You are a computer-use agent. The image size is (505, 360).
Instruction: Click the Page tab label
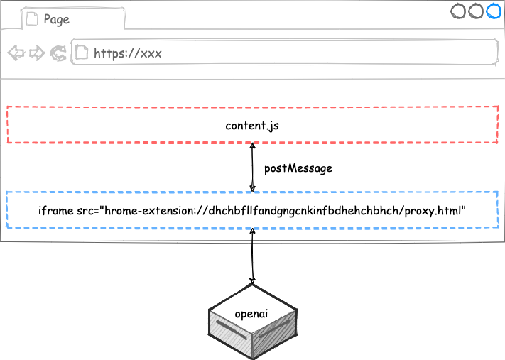coord(56,20)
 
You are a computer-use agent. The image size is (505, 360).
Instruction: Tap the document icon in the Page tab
coord(32,18)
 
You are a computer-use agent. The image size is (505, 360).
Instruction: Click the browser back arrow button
coord(16,53)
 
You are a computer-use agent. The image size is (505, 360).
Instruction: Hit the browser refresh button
coord(58,53)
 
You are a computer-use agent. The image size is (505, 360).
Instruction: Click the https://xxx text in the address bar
coord(128,53)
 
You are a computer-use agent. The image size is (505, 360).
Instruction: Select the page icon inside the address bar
coord(82,52)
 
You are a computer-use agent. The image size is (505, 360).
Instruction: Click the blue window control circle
coord(494,11)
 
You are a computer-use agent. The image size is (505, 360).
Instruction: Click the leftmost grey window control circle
coord(457,11)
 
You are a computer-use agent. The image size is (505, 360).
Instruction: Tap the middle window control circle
coord(476,11)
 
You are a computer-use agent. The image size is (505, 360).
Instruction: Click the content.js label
coord(252,126)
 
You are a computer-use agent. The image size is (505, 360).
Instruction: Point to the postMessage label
coord(298,168)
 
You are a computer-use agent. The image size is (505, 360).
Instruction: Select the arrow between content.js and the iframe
coord(253,168)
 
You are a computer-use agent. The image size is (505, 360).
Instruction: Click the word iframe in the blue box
coord(55,211)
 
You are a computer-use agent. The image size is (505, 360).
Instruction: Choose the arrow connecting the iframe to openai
coord(253,256)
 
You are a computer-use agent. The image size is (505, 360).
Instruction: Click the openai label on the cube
coord(251,314)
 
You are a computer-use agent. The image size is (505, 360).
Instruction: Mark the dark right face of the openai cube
coord(274,335)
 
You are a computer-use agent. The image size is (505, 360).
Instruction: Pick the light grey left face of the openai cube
coord(231,333)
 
